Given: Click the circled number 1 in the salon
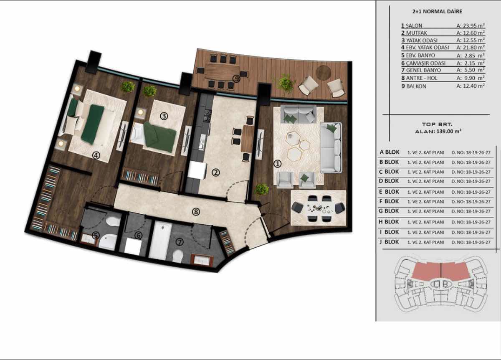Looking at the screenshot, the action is pyautogui.click(x=277, y=164).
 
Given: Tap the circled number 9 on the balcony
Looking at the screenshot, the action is pyautogui.click(x=236, y=79).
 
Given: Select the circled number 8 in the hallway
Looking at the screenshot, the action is pyautogui.click(x=196, y=212).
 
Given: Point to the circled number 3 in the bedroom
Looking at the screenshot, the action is pyautogui.click(x=164, y=116).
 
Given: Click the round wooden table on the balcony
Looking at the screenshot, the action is pyautogui.click(x=324, y=73).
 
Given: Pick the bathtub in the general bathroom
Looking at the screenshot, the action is pyautogui.click(x=160, y=240).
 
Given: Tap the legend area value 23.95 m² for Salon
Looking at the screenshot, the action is pyautogui.click(x=471, y=26).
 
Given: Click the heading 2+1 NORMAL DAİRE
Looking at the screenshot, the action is pyautogui.click(x=437, y=12).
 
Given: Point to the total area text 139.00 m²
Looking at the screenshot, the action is pyautogui.click(x=449, y=131).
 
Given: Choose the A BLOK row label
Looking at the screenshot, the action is pyautogui.click(x=390, y=152).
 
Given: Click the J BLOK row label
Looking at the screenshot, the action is pyautogui.click(x=390, y=242).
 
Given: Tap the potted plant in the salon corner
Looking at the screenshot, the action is pyautogui.click(x=262, y=190).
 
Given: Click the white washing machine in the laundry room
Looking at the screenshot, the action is pyautogui.click(x=133, y=246).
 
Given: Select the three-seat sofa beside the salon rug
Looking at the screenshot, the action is pyautogui.click(x=331, y=148).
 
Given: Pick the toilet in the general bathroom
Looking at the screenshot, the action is pyautogui.click(x=178, y=256).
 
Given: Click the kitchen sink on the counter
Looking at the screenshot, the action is pyautogui.click(x=202, y=142).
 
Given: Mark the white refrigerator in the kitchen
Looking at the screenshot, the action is pyautogui.click(x=197, y=170).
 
